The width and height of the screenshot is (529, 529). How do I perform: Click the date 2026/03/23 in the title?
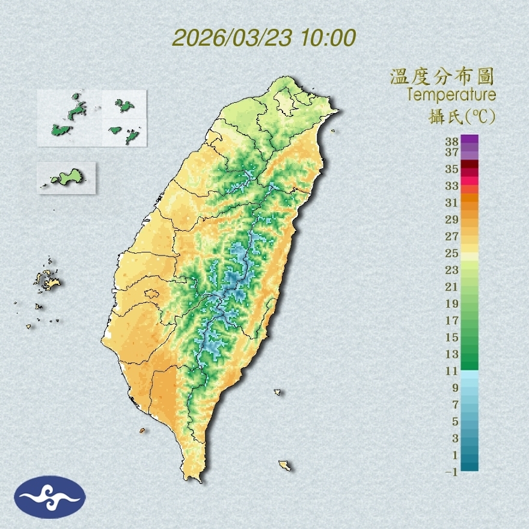232,38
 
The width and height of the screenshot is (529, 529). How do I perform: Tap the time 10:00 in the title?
328,38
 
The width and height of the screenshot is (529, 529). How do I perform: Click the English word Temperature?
451,95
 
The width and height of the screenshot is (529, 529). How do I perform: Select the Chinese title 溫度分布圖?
442,77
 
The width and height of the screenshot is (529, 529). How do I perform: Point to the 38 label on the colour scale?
452,142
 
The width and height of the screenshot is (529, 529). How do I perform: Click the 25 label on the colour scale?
452,252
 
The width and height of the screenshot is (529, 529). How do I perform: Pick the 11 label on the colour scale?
452,371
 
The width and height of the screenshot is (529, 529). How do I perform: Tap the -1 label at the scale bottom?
451,472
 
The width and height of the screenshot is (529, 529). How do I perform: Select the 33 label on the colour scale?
452,185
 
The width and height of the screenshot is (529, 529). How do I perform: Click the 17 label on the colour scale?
452,320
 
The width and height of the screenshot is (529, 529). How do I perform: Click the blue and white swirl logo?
50,497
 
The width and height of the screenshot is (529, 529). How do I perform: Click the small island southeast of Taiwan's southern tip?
285,465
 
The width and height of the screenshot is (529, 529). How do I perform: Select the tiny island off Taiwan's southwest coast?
142,430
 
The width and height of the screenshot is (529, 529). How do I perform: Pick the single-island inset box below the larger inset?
66,177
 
